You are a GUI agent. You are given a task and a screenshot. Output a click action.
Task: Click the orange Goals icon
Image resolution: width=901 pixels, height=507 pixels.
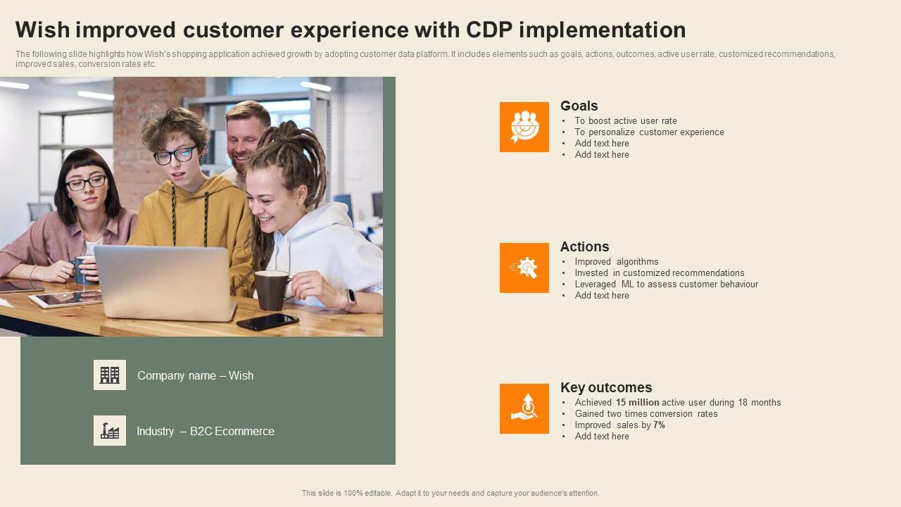tap(524, 127)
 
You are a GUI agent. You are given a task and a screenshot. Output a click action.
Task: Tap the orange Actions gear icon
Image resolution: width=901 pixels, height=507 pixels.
tap(524, 268)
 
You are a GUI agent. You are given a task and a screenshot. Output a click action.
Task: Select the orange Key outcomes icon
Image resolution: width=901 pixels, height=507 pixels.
tap(524, 408)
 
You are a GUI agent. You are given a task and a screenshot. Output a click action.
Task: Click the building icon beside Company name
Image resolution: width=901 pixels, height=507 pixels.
tap(110, 375)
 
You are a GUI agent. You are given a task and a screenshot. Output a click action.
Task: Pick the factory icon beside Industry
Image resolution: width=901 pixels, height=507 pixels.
tap(110, 430)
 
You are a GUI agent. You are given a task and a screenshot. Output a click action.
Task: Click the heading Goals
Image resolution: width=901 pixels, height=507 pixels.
tap(579, 106)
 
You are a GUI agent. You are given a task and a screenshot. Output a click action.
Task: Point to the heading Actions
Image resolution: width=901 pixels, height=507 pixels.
tap(584, 246)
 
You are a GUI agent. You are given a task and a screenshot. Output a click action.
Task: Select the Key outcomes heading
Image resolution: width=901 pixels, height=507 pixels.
tap(606, 387)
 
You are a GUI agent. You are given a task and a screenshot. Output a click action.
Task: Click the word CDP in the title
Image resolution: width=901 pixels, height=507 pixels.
tap(489, 30)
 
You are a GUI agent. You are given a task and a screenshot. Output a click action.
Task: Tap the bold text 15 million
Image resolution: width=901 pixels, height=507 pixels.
tap(638, 402)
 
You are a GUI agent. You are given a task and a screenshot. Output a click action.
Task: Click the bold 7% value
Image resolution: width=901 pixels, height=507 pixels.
tap(660, 425)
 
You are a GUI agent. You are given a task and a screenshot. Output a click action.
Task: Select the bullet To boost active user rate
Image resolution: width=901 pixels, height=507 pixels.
tap(626, 120)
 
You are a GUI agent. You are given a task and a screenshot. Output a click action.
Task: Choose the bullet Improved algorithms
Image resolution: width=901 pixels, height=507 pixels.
tap(617, 261)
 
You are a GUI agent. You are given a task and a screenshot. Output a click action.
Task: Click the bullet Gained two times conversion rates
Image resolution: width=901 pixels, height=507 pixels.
tap(646, 413)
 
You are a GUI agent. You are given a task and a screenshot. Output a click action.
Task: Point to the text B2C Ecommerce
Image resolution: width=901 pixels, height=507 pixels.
tap(232, 432)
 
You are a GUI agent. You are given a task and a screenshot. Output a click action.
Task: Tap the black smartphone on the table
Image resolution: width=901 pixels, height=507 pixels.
tap(268, 322)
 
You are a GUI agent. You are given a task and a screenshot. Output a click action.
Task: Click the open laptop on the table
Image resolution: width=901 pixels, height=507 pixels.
tap(165, 283)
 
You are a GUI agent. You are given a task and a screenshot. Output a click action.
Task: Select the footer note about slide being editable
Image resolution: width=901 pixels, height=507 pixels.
tap(450, 493)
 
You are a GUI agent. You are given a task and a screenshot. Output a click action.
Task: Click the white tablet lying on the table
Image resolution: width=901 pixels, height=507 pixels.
tap(65, 299)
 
